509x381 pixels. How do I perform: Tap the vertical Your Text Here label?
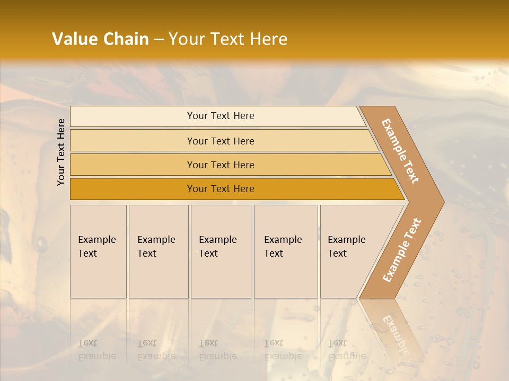(x=61, y=152)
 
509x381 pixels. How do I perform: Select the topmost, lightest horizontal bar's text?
(x=221, y=116)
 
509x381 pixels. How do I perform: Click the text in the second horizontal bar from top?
(x=221, y=141)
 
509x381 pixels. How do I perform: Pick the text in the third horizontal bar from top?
(x=221, y=165)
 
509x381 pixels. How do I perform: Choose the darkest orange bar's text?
(x=221, y=189)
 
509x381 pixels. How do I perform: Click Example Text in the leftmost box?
(x=96, y=247)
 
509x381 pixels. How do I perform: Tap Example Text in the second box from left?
(x=156, y=247)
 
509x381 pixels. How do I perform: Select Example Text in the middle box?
(x=217, y=247)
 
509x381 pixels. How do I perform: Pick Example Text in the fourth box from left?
(x=283, y=247)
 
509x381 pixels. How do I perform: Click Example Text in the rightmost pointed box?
(x=346, y=247)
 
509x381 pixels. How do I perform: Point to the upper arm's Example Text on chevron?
(x=400, y=151)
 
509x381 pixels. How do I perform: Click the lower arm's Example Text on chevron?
(x=401, y=250)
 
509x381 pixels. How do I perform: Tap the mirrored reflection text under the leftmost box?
(x=96, y=350)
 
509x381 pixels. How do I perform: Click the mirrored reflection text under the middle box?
(x=217, y=350)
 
